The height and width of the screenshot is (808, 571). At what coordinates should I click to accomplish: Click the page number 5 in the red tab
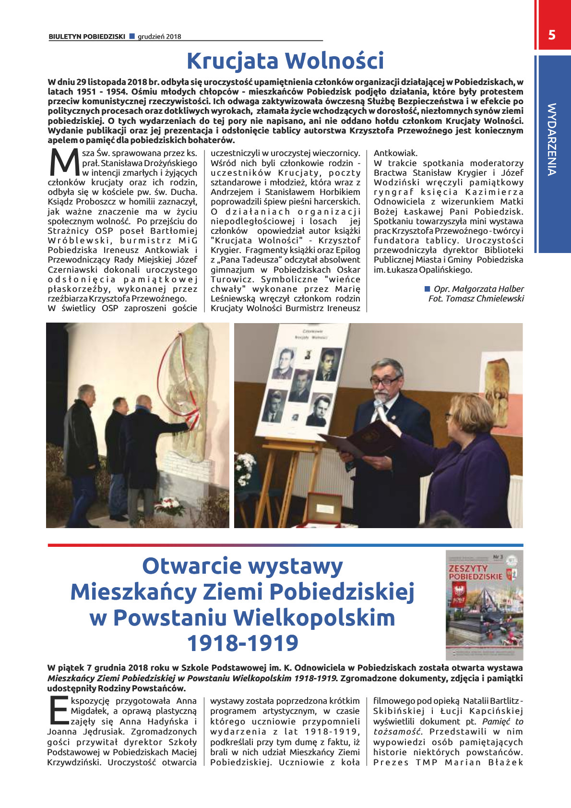tap(552, 35)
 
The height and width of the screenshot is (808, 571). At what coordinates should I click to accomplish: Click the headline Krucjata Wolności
tap(285, 61)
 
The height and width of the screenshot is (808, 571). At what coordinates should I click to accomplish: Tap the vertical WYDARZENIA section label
tap(552, 139)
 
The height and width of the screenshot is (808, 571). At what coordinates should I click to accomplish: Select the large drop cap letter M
tap(63, 163)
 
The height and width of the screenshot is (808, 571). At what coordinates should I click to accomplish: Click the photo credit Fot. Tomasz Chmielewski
tap(476, 299)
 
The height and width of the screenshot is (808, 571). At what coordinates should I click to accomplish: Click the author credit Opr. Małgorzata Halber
tap(478, 289)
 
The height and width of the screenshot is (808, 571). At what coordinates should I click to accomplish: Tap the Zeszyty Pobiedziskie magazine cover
tap(484, 605)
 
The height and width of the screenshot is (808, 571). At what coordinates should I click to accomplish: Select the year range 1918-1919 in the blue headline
tap(242, 643)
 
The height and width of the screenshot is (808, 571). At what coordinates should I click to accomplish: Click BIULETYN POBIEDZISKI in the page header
tap(87, 36)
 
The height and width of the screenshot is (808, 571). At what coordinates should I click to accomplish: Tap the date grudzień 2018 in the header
tap(159, 36)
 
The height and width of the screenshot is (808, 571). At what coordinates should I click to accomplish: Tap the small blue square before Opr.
tap(427, 289)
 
